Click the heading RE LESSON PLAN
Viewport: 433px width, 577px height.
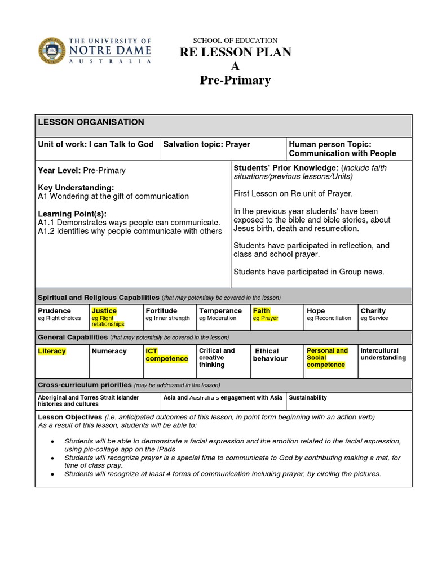235,53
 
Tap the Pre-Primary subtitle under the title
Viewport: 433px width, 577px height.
235,81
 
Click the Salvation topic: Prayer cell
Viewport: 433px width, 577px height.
206,144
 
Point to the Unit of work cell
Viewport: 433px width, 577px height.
96,144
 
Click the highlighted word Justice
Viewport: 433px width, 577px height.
104,311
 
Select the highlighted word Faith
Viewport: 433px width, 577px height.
262,311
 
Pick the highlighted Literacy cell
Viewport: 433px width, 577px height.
52,352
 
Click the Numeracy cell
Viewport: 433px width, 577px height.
109,352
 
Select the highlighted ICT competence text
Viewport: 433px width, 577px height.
166,355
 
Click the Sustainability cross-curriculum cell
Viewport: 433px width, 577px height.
308,398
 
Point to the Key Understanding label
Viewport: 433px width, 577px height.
76,188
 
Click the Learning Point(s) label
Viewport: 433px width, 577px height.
72,214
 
